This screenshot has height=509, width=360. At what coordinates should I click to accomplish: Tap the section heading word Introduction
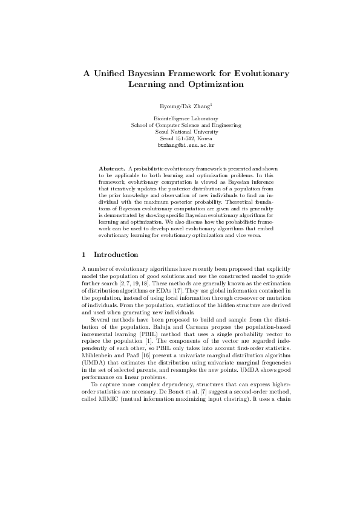pyautogui.click(x=116, y=254)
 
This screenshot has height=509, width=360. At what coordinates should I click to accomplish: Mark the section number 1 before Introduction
pyautogui.click(x=83, y=254)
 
